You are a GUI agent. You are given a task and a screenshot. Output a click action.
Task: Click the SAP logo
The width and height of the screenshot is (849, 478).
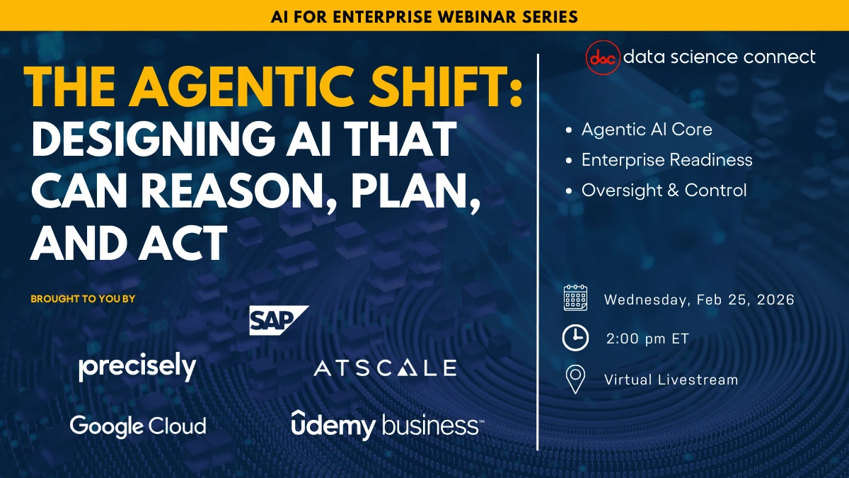click(277, 320)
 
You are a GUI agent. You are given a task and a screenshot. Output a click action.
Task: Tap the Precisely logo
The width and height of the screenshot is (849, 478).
click(137, 367)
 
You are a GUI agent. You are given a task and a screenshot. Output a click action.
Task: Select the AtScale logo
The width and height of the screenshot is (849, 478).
click(385, 368)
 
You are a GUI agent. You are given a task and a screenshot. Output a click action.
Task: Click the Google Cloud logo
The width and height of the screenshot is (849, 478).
click(138, 426)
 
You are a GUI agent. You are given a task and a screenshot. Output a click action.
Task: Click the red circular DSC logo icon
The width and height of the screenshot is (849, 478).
click(603, 57)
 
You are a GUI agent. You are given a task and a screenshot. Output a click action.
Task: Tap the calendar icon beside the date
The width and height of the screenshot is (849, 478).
click(575, 299)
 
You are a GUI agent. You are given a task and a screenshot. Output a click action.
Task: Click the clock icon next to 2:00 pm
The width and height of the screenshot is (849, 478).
click(575, 338)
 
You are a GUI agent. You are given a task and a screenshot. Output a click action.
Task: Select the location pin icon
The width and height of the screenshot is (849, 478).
click(575, 380)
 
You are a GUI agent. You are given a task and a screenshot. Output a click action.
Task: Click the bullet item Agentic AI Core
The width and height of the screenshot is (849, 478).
click(646, 130)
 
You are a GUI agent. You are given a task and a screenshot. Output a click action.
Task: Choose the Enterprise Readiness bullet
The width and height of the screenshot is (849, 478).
click(666, 160)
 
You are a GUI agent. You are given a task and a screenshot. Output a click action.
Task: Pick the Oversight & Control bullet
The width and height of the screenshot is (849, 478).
click(664, 190)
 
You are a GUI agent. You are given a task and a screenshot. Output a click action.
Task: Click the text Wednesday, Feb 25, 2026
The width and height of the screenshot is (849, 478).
click(699, 300)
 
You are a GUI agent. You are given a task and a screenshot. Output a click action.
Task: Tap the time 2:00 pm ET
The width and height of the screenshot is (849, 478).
click(647, 339)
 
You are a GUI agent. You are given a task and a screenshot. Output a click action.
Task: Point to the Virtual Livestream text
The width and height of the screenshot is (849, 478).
click(671, 380)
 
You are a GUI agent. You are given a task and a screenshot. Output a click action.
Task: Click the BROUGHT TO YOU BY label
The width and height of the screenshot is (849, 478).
click(83, 299)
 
